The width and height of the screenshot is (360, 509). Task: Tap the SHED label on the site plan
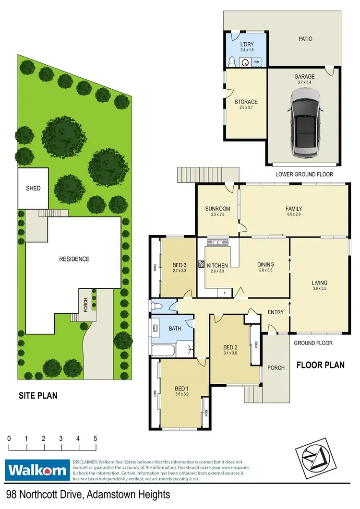[33, 188]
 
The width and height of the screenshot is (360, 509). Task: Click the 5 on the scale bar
[96, 438]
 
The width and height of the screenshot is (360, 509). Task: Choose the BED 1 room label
[180, 388]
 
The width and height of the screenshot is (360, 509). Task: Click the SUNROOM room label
[217, 209]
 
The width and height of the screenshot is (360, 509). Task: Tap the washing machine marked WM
[257, 62]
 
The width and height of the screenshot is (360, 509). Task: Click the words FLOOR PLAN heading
[320, 365]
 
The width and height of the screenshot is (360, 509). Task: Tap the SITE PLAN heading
[38, 396]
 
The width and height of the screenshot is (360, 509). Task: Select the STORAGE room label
[246, 102]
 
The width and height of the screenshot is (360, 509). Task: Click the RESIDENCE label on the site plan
[74, 259]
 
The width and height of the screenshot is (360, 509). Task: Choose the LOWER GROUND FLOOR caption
[304, 175]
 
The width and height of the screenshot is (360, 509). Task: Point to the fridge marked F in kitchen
[225, 291]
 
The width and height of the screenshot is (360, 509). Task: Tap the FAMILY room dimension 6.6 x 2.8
[293, 215]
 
